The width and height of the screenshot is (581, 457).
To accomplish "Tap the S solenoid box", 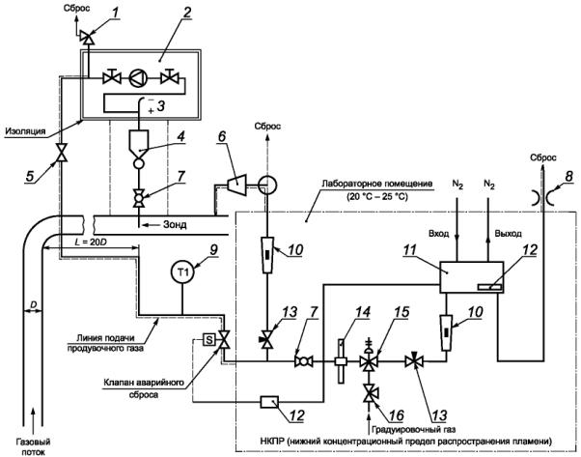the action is [x=209, y=339].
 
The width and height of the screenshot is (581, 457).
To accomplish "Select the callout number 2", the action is [x=187, y=14].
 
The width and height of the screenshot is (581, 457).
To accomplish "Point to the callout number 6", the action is [x=221, y=136].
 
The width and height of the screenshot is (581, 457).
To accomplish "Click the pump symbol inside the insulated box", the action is [x=138, y=78].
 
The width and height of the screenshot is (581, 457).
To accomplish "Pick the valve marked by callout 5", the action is [x=61, y=153].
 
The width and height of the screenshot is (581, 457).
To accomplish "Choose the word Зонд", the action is [x=175, y=224].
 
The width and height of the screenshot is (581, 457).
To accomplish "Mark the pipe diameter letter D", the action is [x=33, y=305].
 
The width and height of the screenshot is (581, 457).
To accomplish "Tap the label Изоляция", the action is [x=26, y=131].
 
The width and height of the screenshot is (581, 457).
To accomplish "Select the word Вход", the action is [x=439, y=234].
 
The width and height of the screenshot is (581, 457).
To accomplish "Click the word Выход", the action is [x=508, y=234].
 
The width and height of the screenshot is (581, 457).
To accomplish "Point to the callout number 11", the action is [x=410, y=250].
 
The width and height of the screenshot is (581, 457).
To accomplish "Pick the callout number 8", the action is [x=568, y=177].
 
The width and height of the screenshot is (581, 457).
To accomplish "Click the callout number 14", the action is [x=361, y=312].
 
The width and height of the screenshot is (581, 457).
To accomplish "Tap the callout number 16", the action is [x=396, y=415].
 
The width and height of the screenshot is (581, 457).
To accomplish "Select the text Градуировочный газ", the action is [x=413, y=430].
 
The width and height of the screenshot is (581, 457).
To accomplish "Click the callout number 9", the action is [x=213, y=250].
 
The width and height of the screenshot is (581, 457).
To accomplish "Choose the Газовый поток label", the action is [x=34, y=446].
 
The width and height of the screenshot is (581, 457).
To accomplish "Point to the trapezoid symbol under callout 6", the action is [x=233, y=184].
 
